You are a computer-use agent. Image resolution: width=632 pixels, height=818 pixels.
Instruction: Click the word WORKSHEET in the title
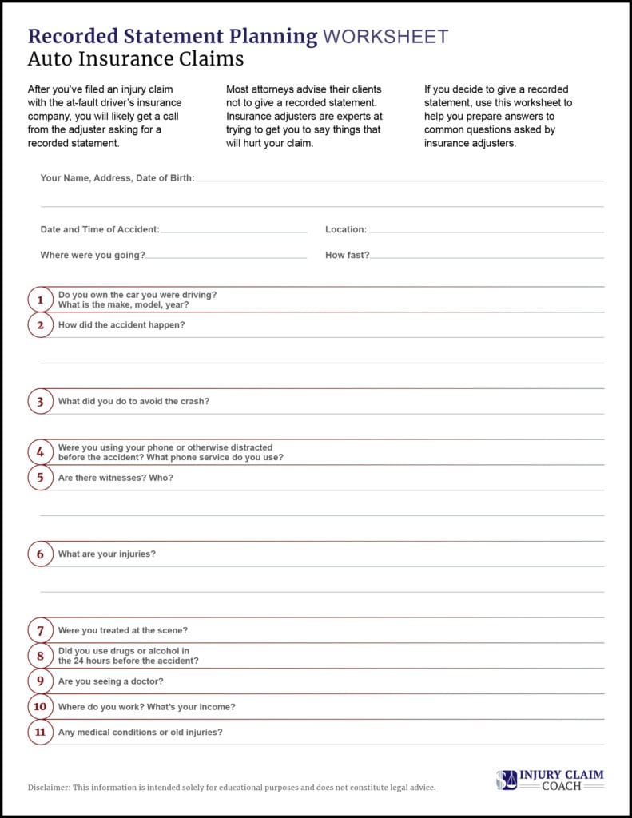coord(384,36)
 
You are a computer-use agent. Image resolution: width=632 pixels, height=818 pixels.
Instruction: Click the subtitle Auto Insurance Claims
coord(136,59)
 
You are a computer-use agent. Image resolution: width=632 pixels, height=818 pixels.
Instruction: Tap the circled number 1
coord(40,300)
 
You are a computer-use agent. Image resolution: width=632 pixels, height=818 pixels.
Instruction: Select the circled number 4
coord(40,452)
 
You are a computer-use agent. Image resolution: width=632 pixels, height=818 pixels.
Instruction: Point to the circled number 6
coord(40,554)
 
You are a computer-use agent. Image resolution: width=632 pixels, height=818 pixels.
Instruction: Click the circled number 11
coord(40,732)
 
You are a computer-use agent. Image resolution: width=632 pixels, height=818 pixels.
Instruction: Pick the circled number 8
coord(40,656)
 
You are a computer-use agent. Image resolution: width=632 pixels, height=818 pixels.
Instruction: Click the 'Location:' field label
coord(346,229)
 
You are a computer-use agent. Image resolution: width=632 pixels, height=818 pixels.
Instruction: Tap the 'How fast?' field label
coord(348,256)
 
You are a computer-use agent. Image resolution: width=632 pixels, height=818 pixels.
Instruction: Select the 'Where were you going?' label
coord(93,256)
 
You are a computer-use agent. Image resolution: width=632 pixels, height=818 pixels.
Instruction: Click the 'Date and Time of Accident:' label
coord(100,229)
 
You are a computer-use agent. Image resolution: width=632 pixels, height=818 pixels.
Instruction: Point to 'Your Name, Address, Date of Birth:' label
coord(117,178)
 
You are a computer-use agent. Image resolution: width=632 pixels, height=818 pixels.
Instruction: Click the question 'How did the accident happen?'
coord(121,325)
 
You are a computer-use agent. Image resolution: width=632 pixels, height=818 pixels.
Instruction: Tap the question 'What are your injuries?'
coord(107,554)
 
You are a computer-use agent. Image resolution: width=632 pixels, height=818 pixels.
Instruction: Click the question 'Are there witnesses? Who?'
coord(116,478)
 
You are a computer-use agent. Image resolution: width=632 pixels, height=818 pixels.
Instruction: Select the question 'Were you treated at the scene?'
coord(123,630)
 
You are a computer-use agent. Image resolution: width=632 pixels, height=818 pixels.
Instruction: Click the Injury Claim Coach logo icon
coord(507,780)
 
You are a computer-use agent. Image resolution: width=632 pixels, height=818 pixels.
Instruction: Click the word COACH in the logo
coord(561,787)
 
